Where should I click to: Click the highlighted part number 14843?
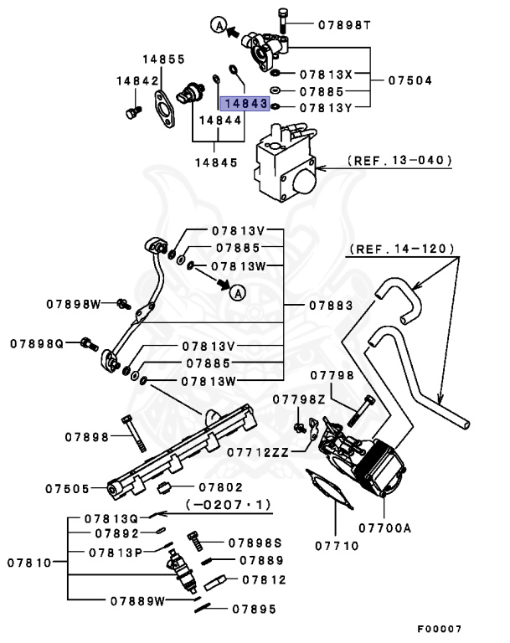coord(244,105)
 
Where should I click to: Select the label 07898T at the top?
coord(343,25)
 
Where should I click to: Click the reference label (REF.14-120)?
coord(402,249)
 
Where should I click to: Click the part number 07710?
coord(337,546)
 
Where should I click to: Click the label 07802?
coord(220,487)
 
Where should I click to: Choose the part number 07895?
coord(255,610)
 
